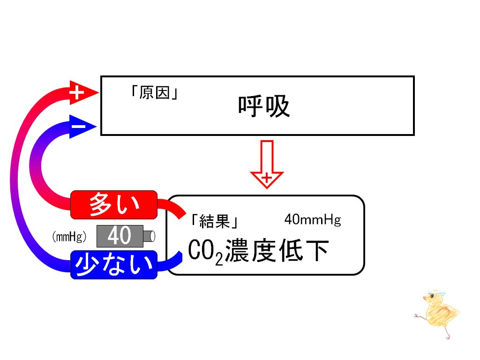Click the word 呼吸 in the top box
click(264, 106)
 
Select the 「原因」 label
click(154, 92)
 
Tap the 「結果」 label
click(215, 221)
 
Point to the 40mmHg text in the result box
click(313, 219)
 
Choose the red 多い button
click(114, 204)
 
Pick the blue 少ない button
click(114, 265)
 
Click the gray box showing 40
click(120, 236)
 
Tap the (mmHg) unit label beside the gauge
click(69, 236)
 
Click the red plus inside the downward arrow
click(267, 178)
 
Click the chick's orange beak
click(425, 298)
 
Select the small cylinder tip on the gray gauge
click(149, 236)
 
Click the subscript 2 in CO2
click(219, 259)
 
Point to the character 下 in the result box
click(317, 251)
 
